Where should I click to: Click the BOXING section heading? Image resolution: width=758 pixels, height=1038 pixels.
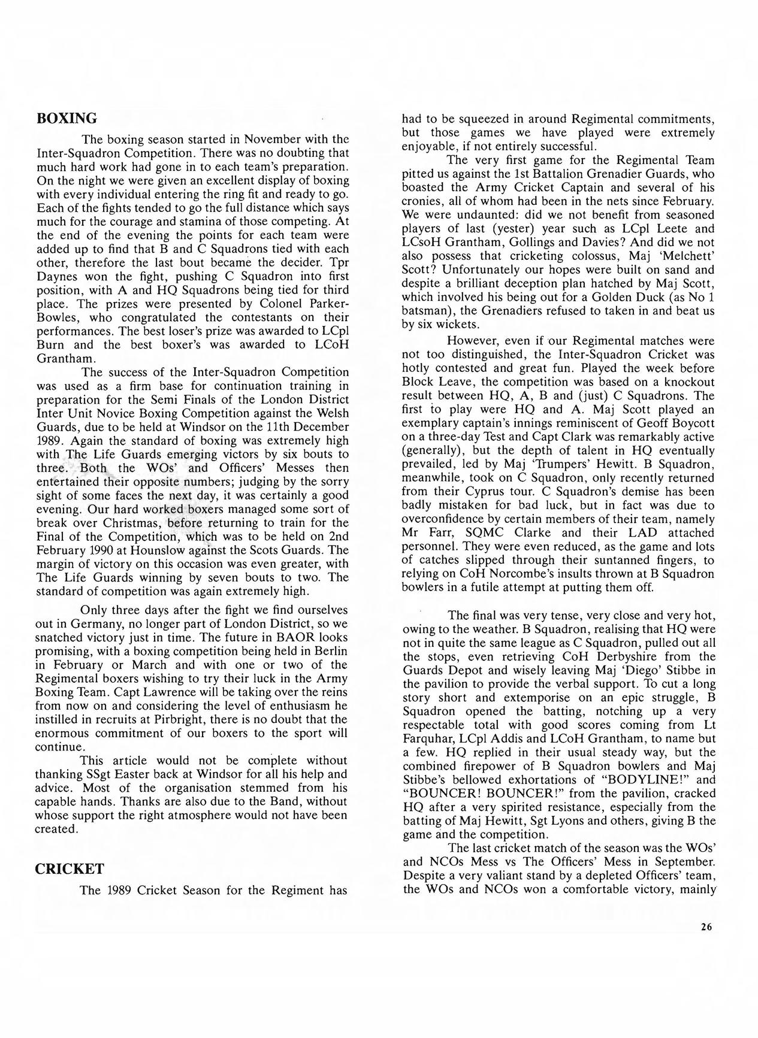[x=67, y=117]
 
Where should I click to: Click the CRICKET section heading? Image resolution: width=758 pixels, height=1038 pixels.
[x=70, y=869]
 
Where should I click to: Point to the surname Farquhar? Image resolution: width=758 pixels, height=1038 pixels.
[x=434, y=739]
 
